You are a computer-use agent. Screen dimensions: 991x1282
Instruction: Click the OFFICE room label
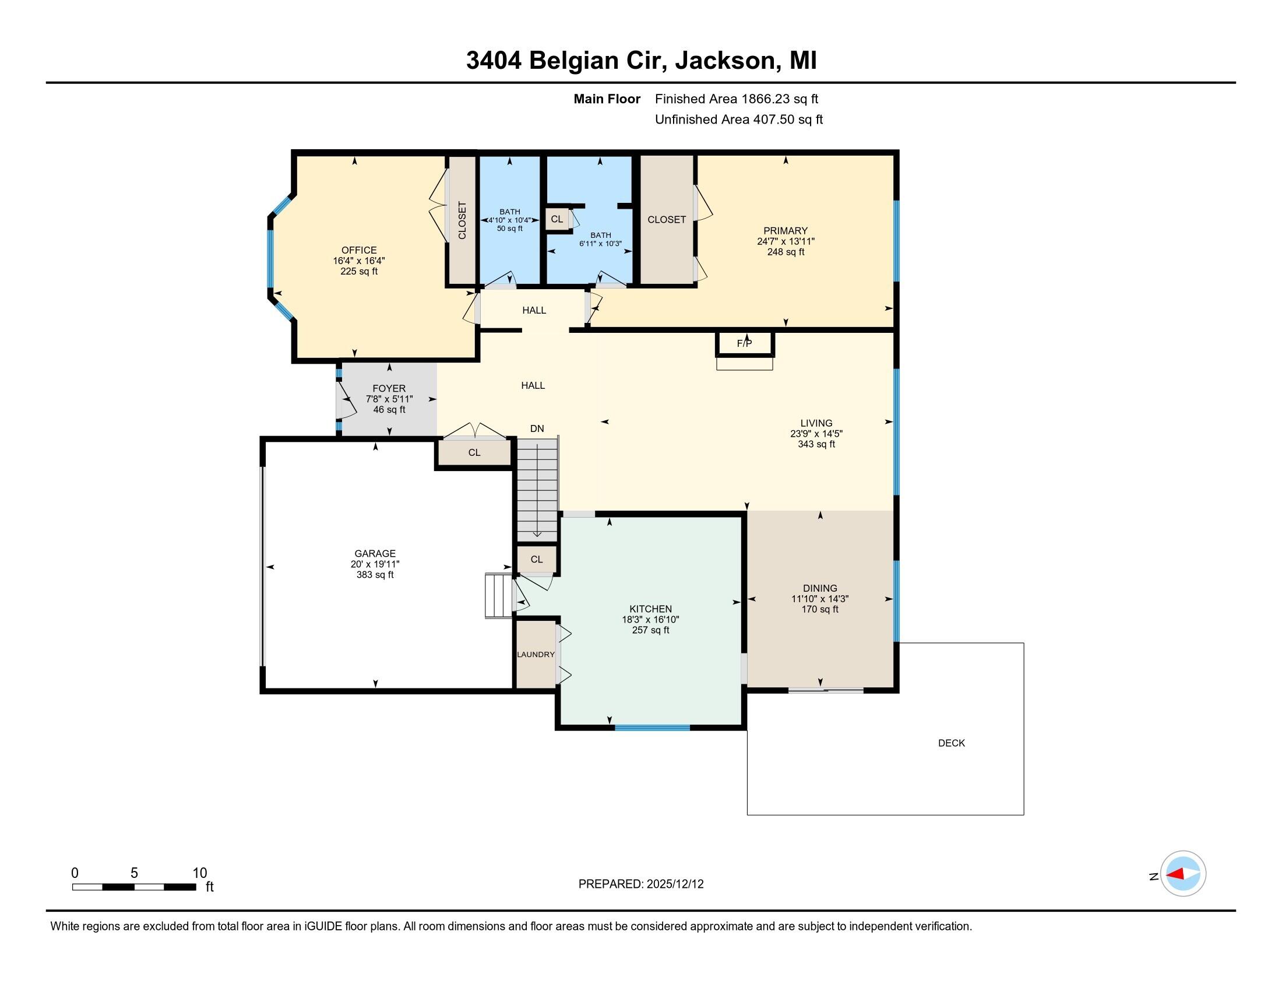coord(358,250)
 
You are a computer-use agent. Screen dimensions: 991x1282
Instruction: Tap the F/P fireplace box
coord(744,343)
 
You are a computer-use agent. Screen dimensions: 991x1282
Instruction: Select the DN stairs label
coord(537,428)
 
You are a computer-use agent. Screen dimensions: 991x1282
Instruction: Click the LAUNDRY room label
coord(536,655)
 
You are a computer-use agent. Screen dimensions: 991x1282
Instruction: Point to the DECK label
coord(951,743)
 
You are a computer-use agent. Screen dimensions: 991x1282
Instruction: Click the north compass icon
coord(1183,874)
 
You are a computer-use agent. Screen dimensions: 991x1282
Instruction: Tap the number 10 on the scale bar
coord(199,873)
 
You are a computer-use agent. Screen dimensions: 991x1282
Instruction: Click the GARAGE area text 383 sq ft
coord(375,575)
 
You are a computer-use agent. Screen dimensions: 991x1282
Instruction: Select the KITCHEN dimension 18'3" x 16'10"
coord(650,619)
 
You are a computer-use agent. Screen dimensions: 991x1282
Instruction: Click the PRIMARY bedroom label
coord(786,231)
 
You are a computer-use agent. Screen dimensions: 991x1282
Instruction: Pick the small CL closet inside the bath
coord(557,219)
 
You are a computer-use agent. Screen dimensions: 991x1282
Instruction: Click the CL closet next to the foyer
coord(474,452)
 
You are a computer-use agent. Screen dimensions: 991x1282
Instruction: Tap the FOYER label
coord(389,388)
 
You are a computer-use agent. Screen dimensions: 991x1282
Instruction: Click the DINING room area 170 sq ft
coord(819,609)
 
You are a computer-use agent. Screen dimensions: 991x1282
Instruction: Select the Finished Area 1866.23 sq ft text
coord(736,99)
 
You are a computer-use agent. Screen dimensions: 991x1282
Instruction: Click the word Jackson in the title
coord(724,61)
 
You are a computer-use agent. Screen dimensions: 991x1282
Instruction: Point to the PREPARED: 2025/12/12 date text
coord(640,884)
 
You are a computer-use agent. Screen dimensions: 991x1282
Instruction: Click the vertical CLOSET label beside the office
coord(462,220)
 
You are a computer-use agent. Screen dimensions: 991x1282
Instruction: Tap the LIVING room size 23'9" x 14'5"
coord(816,434)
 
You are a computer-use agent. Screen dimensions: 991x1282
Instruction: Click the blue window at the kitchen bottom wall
coord(652,728)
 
